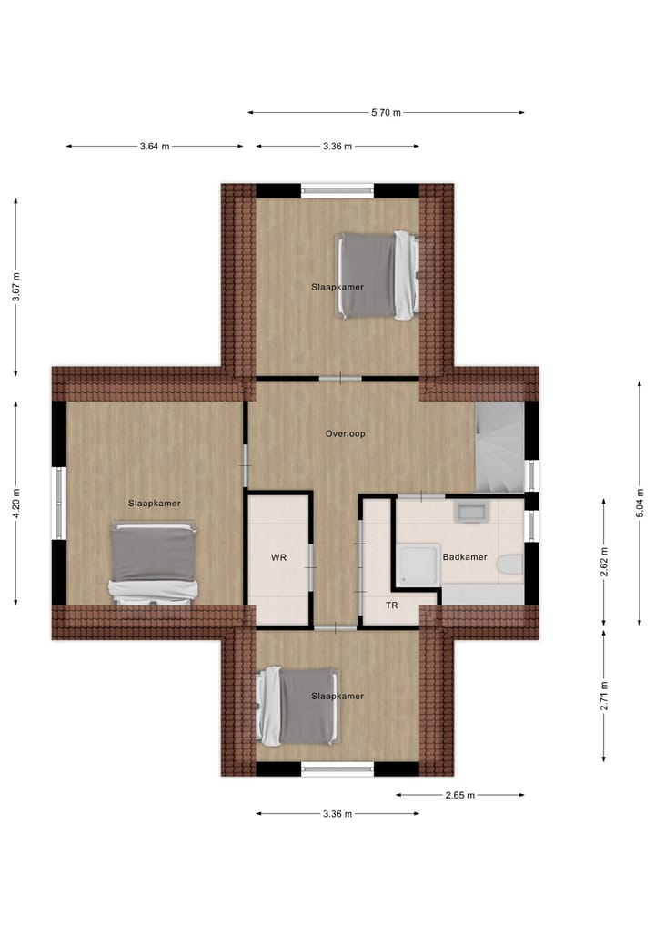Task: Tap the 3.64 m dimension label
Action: pyautogui.click(x=155, y=147)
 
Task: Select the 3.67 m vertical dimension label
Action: pyautogui.click(x=16, y=289)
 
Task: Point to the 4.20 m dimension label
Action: pyautogui.click(x=16, y=504)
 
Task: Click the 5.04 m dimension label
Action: pyautogui.click(x=640, y=504)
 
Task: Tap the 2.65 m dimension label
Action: pyautogui.click(x=460, y=795)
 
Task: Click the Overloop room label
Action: pyautogui.click(x=346, y=434)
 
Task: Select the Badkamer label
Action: pyautogui.click(x=465, y=557)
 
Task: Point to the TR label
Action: pyautogui.click(x=392, y=605)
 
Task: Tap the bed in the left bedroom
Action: pyautogui.click(x=153, y=563)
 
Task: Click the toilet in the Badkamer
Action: pyautogui.click(x=511, y=565)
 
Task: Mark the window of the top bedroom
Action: pyautogui.click(x=338, y=191)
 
